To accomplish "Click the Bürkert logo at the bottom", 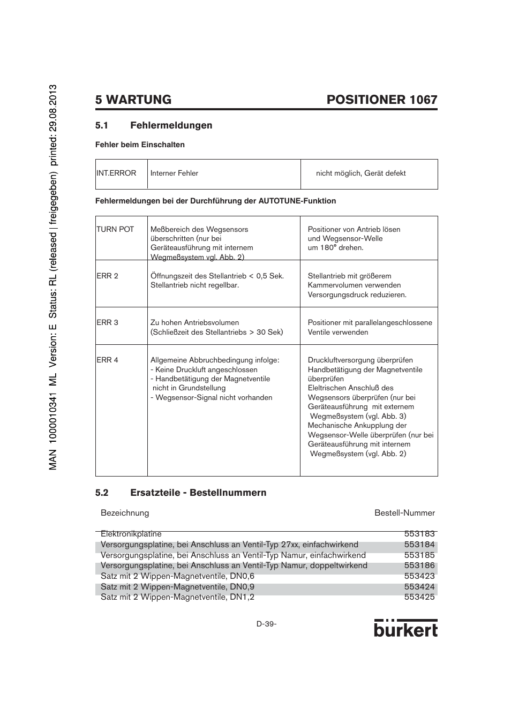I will coord(405,629).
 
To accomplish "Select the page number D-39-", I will coord(266,624).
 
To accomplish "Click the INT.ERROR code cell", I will coord(116,173).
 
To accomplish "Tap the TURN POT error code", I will coord(115,229).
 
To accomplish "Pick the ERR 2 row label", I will coord(108,276).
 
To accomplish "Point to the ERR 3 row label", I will coord(108,322).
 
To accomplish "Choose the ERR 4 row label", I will coord(108,360).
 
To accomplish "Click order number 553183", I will coord(419,534).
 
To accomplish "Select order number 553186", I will coord(419,565).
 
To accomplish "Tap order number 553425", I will coord(419,597).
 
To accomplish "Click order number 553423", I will coord(419,576).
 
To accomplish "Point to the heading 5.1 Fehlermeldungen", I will coord(154,125).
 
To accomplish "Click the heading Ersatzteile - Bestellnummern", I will coord(198,493).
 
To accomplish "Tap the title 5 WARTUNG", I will coord(133,100).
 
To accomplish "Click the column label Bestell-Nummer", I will coord(404,513).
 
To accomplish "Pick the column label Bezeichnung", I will coord(125,513).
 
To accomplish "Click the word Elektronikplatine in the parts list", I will coord(131,534).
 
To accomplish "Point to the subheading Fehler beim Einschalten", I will coord(140,145).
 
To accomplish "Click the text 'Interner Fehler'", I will coord(174,173).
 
